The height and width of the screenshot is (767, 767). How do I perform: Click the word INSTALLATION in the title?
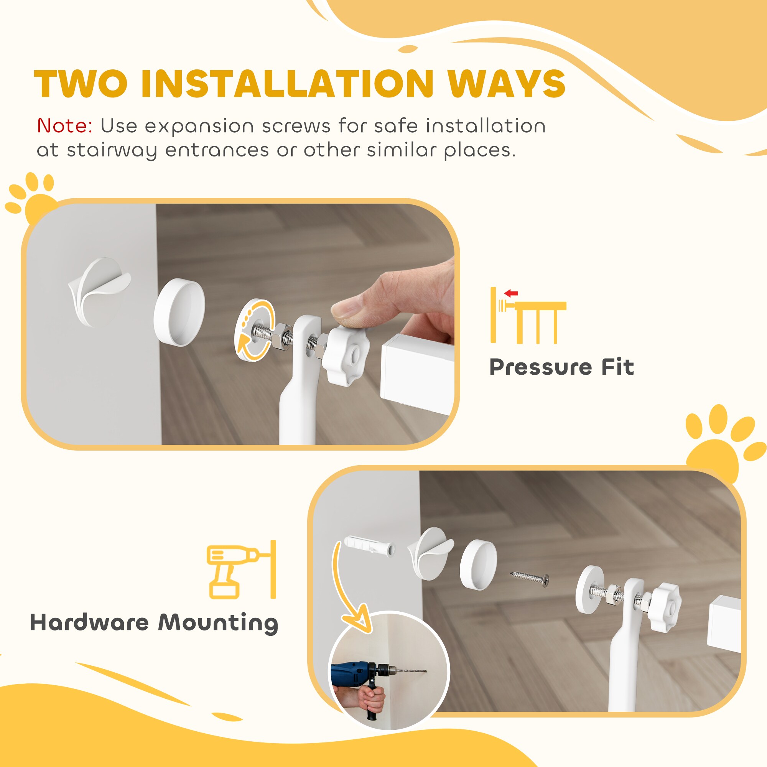[286, 84]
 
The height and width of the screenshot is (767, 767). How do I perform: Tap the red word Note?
[65, 126]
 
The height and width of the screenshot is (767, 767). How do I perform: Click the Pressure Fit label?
[561, 367]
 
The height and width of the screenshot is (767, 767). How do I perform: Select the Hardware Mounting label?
[154, 622]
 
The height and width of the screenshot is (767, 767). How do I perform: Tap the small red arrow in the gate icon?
[511, 294]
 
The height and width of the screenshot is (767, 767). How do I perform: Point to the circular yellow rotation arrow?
[254, 331]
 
